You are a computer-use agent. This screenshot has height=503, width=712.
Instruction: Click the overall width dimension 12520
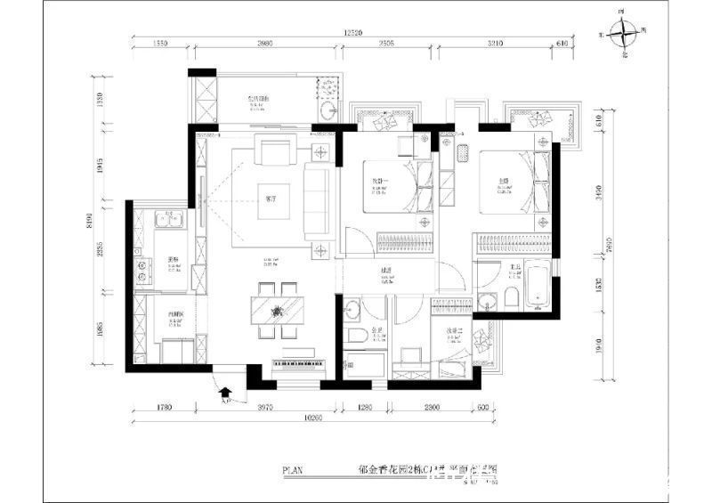pos(356,33)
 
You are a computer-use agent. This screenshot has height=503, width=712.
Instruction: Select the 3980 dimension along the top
pos(258,42)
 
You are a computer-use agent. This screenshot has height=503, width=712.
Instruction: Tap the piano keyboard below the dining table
pos(305,367)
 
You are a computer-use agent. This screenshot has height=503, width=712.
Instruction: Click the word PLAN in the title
pos(295,471)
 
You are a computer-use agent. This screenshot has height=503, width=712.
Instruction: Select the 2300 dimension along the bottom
pos(432,408)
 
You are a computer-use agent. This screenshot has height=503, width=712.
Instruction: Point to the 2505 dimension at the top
pos(386,42)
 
